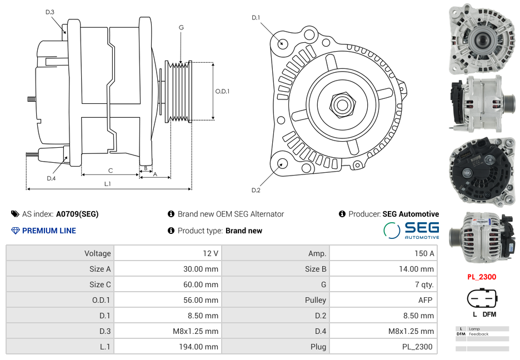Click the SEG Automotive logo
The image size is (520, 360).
(x=411, y=230)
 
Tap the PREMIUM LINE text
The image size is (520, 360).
(x=49, y=231)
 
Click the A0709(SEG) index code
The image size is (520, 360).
(x=77, y=214)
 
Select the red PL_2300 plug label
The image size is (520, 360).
(x=481, y=277)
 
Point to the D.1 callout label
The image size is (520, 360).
(x=256, y=18)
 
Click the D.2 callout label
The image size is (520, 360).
(x=256, y=191)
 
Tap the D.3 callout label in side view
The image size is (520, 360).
(x=50, y=12)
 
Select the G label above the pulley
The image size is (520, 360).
(x=181, y=27)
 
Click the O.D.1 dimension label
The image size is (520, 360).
(x=222, y=91)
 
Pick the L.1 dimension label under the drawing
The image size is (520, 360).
(x=108, y=184)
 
